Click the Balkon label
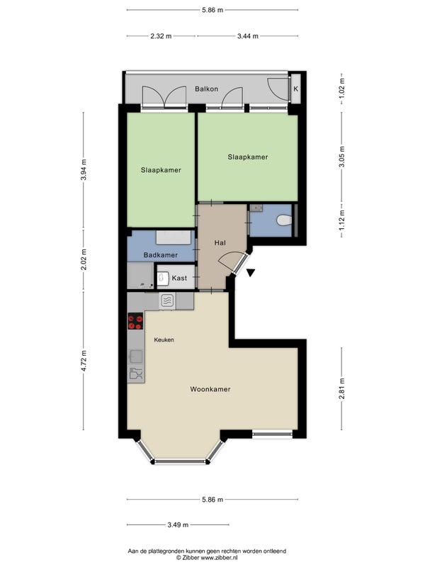click(206, 89)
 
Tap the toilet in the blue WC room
click(284, 220)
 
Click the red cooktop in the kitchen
click(135, 321)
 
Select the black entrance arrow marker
click(251, 272)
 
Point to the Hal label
click(220, 242)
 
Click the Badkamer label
click(161, 255)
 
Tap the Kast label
click(179, 278)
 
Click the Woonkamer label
click(210, 389)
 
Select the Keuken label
click(164, 340)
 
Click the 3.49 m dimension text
click(178, 524)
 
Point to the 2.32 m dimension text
click(161, 36)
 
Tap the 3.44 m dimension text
click(247, 36)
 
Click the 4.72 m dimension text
click(84, 361)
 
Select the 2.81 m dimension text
click(341, 388)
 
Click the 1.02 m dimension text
click(341, 89)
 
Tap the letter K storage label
click(295, 89)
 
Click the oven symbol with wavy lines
click(167, 301)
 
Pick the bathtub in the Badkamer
click(174, 237)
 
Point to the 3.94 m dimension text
click(84, 170)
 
